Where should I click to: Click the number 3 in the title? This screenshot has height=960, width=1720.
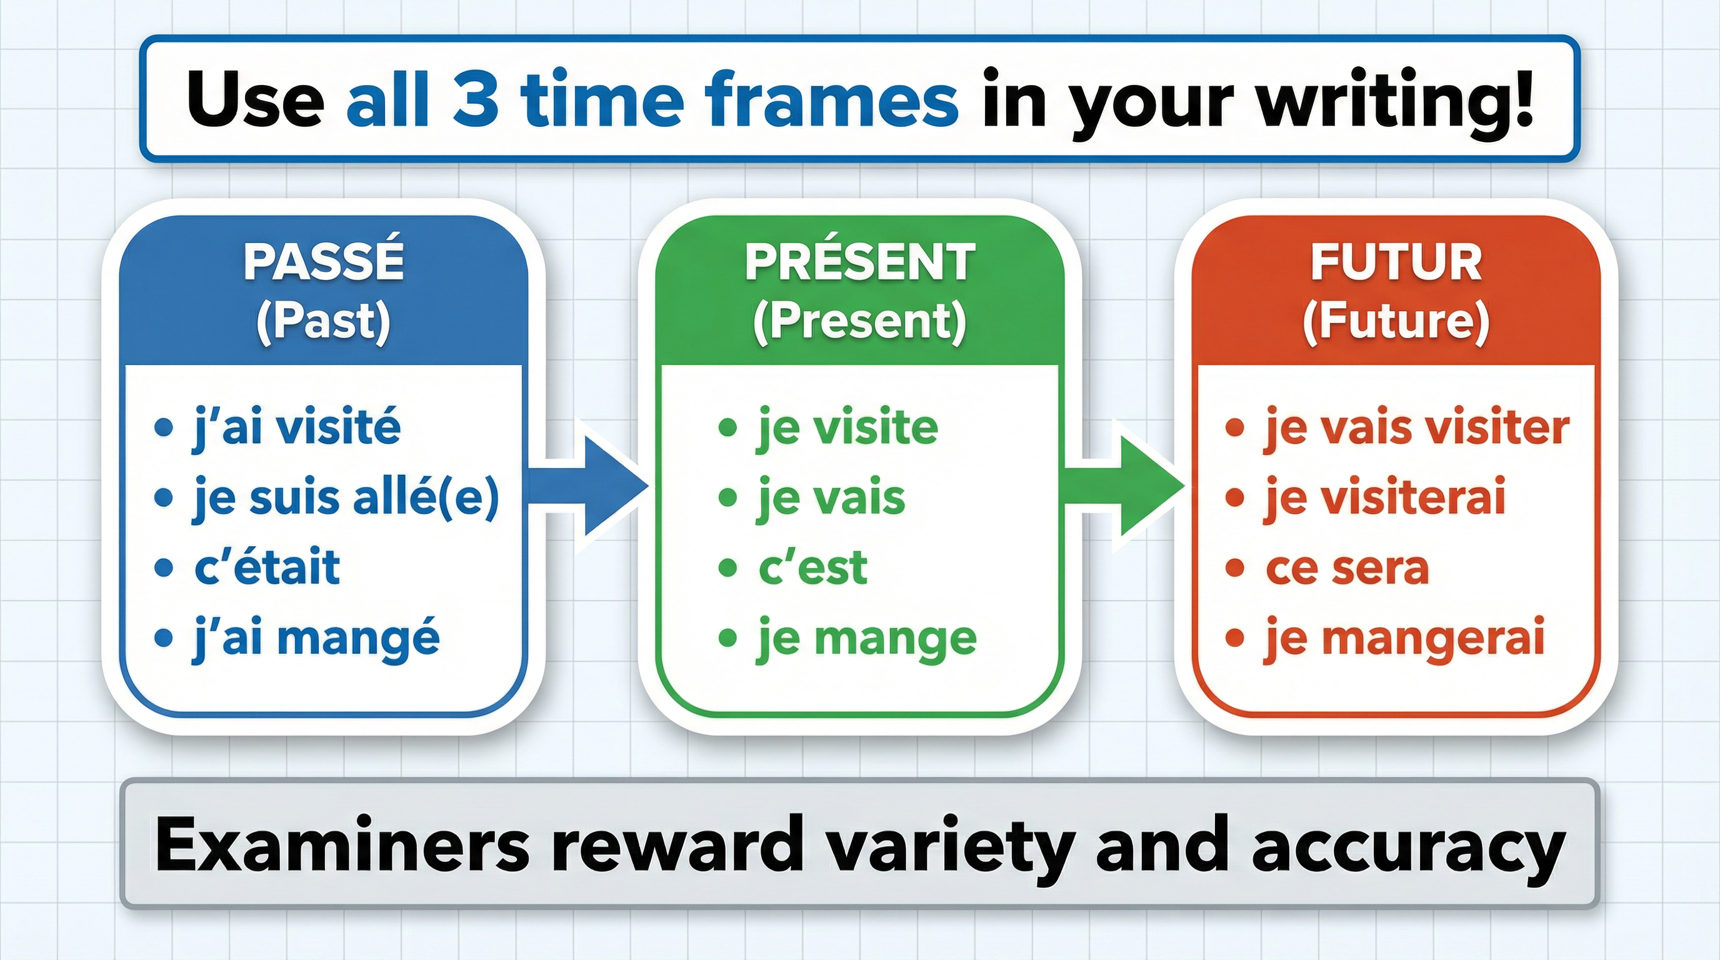tap(475, 100)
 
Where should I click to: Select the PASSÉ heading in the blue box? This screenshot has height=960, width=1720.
tap(324, 262)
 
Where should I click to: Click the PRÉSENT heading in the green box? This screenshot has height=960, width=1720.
tap(860, 262)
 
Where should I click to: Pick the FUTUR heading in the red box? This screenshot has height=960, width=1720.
tap(1396, 262)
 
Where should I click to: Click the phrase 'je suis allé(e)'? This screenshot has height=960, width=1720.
tap(346, 498)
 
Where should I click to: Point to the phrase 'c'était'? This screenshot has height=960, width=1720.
tap(267, 568)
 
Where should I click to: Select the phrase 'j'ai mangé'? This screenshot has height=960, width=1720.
tap(316, 639)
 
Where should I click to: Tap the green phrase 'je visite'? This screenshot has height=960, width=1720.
tap(847, 428)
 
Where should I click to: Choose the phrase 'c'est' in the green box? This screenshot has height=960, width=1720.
tap(812, 568)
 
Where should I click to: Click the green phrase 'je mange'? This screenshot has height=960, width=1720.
tap(867, 639)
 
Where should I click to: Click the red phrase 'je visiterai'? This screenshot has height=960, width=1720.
tap(1385, 498)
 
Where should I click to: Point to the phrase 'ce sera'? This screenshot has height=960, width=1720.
tap(1347, 568)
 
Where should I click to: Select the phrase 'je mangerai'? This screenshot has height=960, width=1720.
tap(1404, 639)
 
